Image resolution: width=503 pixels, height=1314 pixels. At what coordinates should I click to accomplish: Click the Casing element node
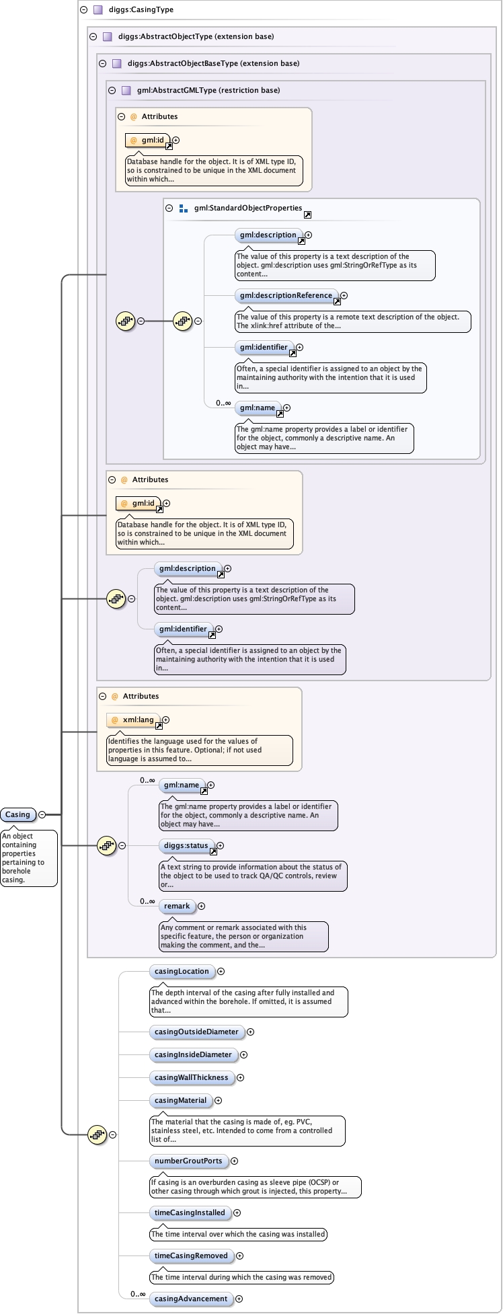tap(18, 814)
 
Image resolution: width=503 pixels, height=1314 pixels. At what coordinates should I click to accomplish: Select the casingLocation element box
tap(182, 971)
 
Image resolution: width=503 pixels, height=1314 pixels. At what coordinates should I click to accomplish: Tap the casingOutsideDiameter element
tap(196, 1032)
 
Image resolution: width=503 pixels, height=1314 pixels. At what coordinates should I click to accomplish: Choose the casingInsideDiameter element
tap(193, 1054)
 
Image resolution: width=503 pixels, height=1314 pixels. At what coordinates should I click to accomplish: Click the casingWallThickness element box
tap(192, 1077)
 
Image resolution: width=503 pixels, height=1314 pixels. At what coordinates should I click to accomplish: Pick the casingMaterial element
tap(181, 1100)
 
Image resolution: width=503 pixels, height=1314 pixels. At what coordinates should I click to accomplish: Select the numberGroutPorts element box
tap(188, 1161)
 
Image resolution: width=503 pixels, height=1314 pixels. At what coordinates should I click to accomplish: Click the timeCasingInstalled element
tap(190, 1212)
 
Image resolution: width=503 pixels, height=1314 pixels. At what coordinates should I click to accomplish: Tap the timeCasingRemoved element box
tap(191, 1255)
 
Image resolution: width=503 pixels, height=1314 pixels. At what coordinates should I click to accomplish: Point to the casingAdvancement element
tap(191, 1299)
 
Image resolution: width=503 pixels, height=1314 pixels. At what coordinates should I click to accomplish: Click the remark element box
tap(177, 906)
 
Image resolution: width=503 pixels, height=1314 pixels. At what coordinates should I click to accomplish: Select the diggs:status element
tap(186, 845)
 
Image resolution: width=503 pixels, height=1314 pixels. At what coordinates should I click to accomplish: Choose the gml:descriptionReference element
tap(286, 295)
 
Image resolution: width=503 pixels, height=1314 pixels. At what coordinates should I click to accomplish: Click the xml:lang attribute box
tap(138, 720)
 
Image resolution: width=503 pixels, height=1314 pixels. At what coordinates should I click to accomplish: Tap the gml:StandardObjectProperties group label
tap(248, 208)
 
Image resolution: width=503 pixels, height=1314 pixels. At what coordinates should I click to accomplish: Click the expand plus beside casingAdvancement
tap(239, 1299)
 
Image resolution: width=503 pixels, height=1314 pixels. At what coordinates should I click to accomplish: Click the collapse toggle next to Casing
tap(42, 814)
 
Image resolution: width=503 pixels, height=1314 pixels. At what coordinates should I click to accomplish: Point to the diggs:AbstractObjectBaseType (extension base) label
tap(213, 63)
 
